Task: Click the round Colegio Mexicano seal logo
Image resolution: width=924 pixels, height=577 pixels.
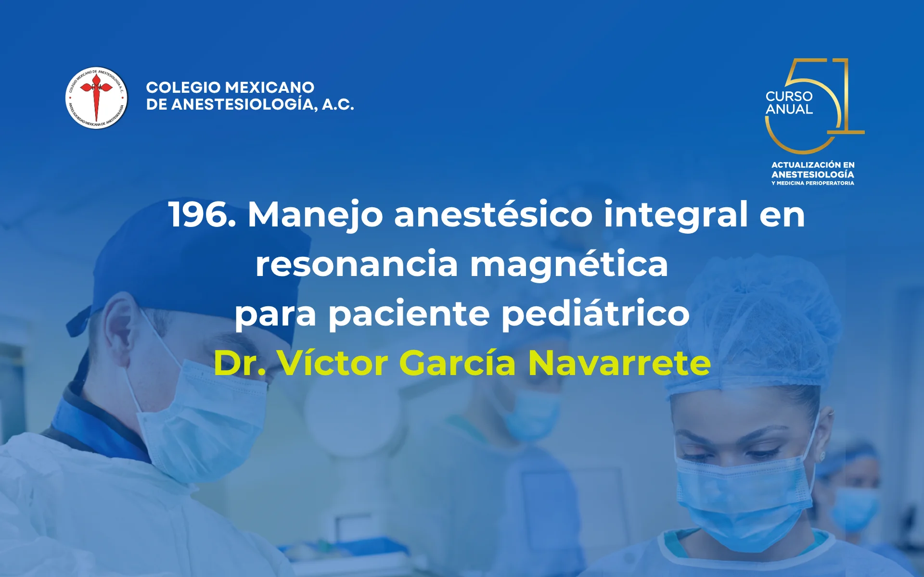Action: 96,98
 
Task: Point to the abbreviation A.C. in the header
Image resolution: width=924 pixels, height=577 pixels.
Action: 338,104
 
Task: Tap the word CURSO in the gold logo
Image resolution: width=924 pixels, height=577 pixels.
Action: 789,96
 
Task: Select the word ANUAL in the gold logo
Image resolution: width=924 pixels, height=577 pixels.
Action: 789,110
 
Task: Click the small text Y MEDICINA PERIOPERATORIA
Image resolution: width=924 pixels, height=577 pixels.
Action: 812,183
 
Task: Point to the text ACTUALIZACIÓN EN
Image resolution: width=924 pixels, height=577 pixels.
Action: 812,165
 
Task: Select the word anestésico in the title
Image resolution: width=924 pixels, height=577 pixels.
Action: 493,214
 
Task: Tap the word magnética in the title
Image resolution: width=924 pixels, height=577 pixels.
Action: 569,264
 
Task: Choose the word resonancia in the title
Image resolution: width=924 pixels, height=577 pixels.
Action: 357,264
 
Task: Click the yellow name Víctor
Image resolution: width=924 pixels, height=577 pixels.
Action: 333,363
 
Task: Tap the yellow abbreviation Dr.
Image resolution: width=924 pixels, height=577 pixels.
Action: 239,363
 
